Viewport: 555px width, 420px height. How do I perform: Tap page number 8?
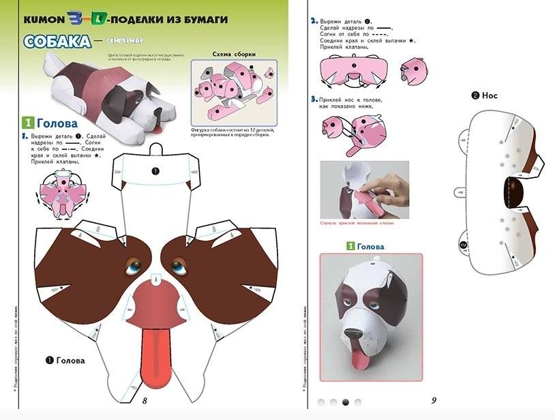[x=145, y=400]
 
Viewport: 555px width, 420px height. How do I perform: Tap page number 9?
[x=433, y=400]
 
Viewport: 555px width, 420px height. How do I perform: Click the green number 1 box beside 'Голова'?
[x=28, y=124]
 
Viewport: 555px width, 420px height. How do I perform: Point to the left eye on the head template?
[x=131, y=265]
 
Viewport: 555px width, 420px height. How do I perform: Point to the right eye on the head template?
[x=180, y=264]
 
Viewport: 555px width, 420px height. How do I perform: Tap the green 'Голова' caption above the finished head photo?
[x=370, y=246]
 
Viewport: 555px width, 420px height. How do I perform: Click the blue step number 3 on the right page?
[x=314, y=100]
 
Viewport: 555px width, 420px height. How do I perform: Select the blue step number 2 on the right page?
[x=314, y=21]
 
